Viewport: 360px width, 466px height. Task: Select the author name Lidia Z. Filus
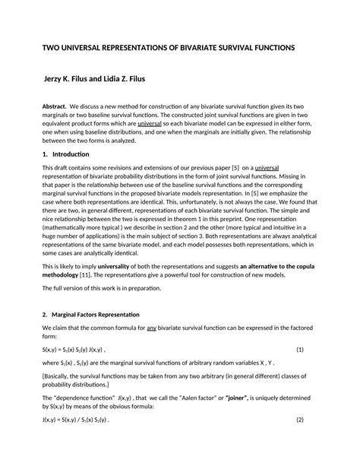tap(144, 78)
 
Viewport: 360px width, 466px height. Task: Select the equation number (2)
tap(299, 419)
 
